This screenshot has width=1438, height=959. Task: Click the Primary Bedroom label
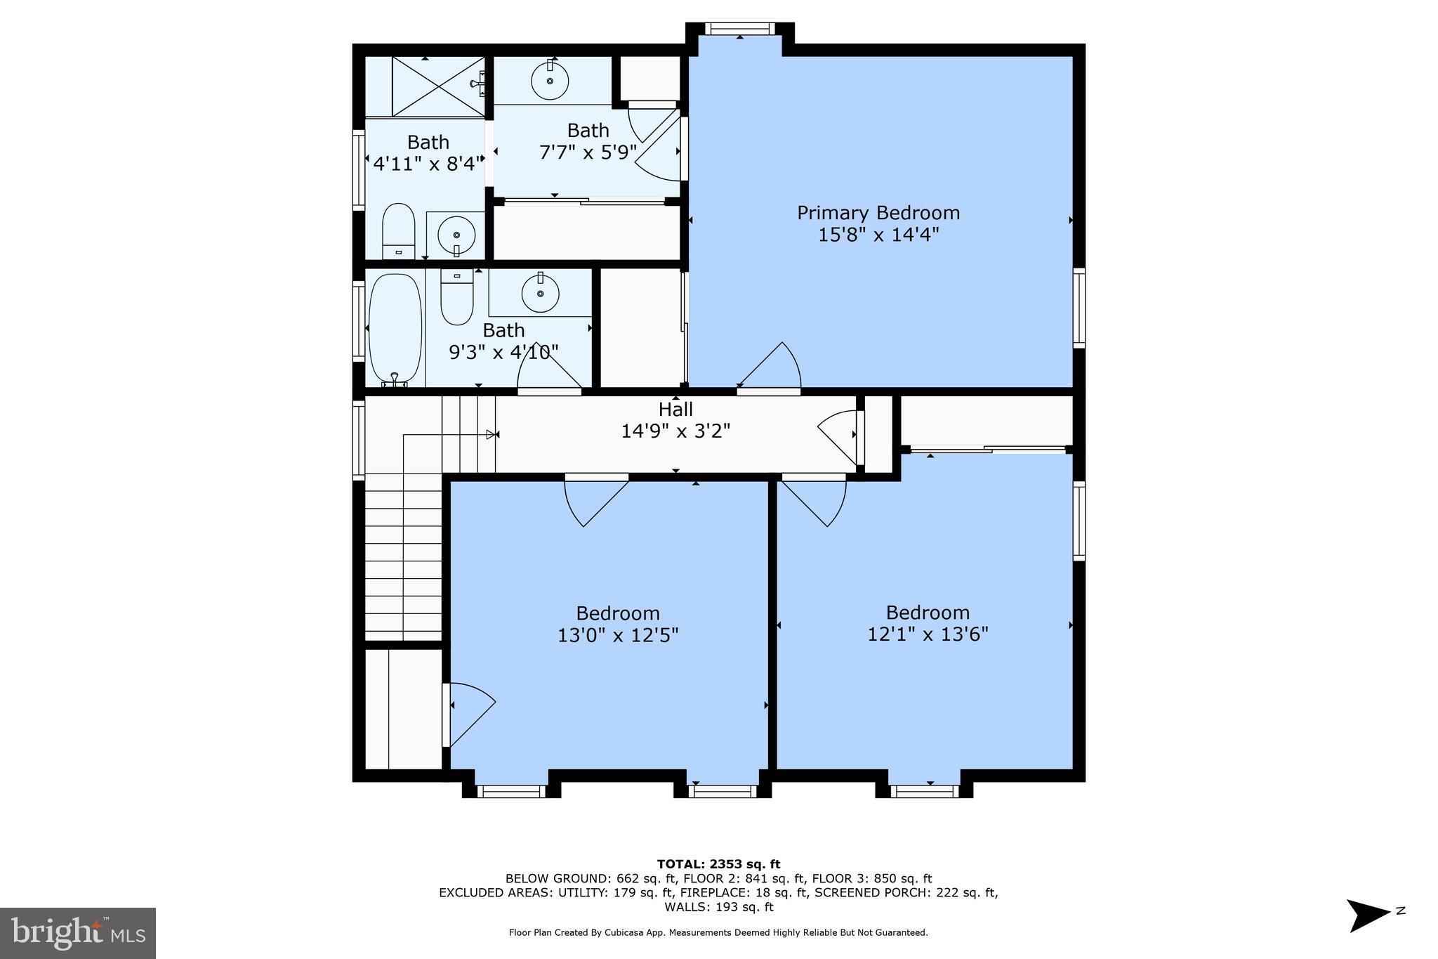(878, 212)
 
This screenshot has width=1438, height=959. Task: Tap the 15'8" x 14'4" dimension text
(878, 235)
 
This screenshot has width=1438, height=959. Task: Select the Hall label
(675, 409)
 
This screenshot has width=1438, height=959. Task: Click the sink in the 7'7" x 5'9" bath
(550, 81)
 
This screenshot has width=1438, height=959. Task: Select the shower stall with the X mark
(438, 86)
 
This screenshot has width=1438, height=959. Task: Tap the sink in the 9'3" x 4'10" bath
(540, 294)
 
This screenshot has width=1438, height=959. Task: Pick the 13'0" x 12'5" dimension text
(618, 636)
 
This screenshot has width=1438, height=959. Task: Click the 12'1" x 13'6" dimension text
(928, 634)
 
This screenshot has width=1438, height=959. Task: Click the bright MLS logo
(78, 933)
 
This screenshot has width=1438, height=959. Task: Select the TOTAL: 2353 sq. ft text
(718, 864)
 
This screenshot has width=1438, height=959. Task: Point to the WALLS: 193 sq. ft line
(718, 907)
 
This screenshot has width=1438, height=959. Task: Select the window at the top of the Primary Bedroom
(739, 29)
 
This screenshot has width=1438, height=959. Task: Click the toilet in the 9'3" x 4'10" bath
(457, 298)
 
